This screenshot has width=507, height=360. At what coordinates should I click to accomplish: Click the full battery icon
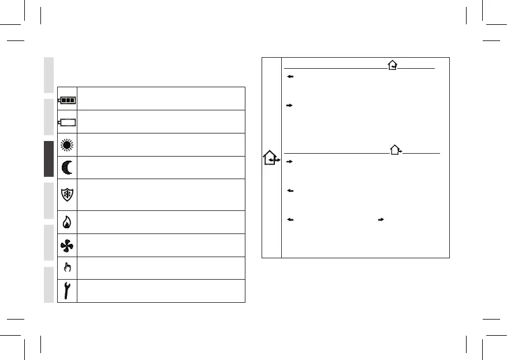click(67, 99)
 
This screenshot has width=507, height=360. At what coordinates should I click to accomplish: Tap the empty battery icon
click(67, 122)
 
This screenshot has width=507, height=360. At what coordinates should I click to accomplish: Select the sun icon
click(67, 144)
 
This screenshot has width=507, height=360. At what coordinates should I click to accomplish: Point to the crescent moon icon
click(67, 168)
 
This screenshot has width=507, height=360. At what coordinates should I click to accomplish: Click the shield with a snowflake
click(67, 195)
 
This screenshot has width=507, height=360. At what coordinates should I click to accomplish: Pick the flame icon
click(67, 222)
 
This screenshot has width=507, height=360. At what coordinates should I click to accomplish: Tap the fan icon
click(67, 245)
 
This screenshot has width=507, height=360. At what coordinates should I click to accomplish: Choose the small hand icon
click(67, 268)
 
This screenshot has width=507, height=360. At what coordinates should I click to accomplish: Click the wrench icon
click(67, 291)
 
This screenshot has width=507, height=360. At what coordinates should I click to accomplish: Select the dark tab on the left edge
click(48, 157)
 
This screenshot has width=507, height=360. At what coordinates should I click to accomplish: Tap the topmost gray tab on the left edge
click(48, 75)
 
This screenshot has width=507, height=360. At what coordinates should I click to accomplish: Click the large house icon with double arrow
click(271, 158)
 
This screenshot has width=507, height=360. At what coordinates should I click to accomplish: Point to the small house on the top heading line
click(393, 65)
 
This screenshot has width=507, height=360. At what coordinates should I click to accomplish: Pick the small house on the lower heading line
click(396, 150)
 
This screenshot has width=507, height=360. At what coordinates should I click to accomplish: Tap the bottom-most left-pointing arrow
click(290, 220)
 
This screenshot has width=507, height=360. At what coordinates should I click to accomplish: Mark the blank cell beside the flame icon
click(161, 222)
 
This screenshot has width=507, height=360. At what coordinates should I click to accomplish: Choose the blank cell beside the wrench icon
click(161, 291)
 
